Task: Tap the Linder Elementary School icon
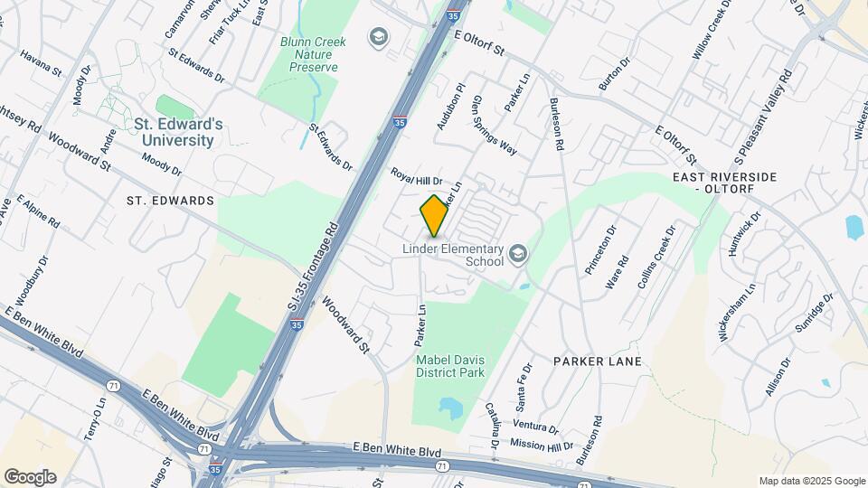click(x=517, y=252)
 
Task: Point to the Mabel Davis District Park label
click(x=450, y=366)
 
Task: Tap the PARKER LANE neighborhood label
click(x=598, y=361)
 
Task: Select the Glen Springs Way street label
click(x=495, y=126)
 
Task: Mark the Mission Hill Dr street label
click(x=542, y=445)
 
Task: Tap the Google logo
click(x=30, y=477)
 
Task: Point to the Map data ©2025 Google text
click(x=812, y=481)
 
